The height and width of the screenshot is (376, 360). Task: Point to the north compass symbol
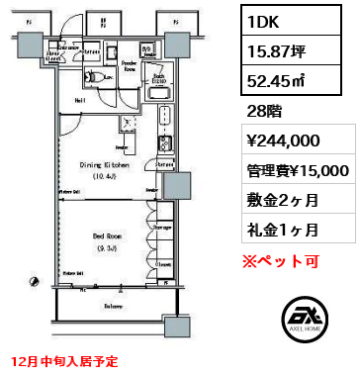click(x=35, y=285)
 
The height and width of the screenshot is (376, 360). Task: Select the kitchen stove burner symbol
click(x=165, y=121)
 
